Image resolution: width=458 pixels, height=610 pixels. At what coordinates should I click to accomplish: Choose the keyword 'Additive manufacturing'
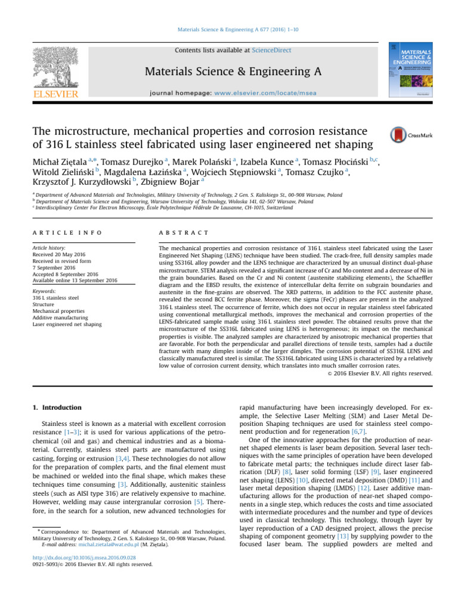point(58,318)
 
